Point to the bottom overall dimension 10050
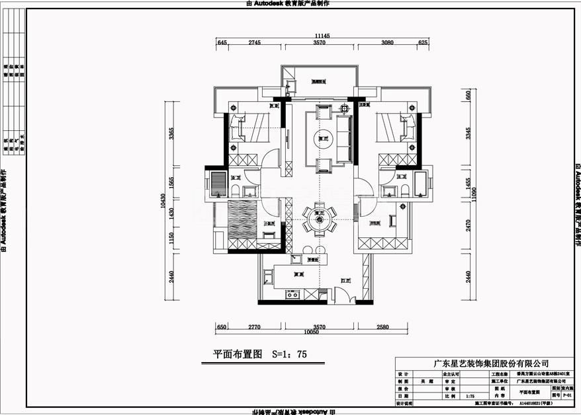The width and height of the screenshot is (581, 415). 320,332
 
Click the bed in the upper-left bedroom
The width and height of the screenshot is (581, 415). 252,127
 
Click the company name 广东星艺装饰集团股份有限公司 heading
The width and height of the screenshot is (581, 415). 490,364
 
